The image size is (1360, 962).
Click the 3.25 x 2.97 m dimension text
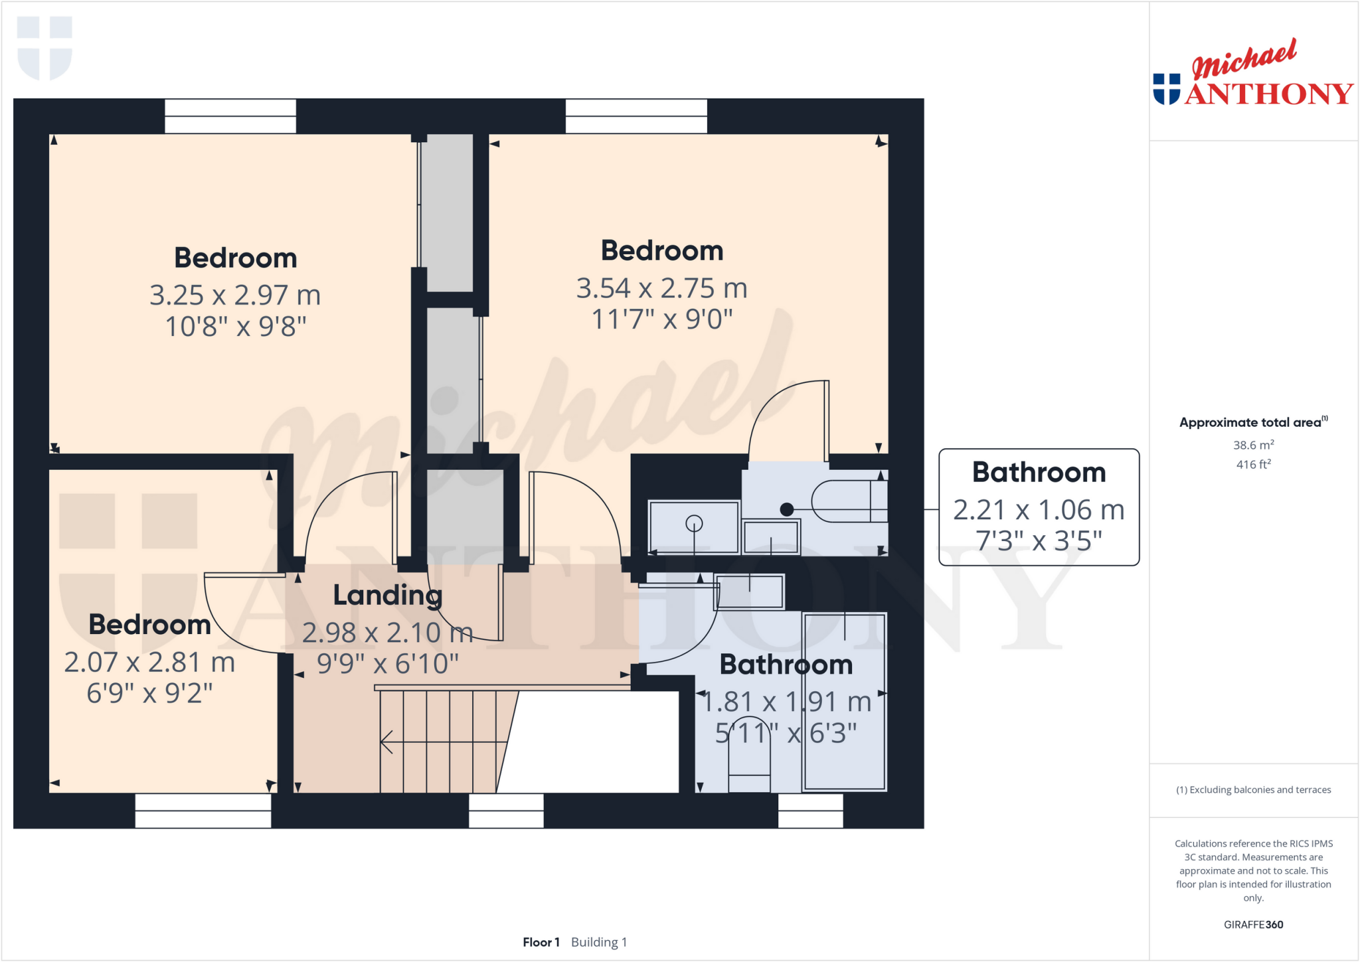(x=235, y=295)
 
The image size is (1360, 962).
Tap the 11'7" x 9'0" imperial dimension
(x=661, y=319)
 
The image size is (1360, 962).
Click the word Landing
(x=387, y=595)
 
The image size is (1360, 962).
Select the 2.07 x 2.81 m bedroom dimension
(x=149, y=662)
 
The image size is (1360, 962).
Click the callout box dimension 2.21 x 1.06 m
(x=1039, y=510)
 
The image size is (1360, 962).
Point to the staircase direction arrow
(x=387, y=742)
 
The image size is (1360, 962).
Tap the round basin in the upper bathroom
(x=694, y=524)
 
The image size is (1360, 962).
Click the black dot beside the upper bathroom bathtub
(x=787, y=509)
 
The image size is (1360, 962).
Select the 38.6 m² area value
(x=1253, y=445)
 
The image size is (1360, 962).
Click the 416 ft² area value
(x=1253, y=464)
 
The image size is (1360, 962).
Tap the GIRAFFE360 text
(x=1253, y=924)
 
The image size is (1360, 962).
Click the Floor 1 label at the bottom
(x=541, y=942)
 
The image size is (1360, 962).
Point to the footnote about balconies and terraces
(x=1253, y=789)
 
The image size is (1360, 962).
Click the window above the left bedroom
(x=230, y=116)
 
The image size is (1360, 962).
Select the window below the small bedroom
(x=203, y=811)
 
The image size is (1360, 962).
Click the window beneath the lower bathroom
(x=810, y=811)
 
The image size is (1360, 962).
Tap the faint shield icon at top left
(x=44, y=48)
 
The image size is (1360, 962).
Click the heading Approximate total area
(x=1250, y=422)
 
